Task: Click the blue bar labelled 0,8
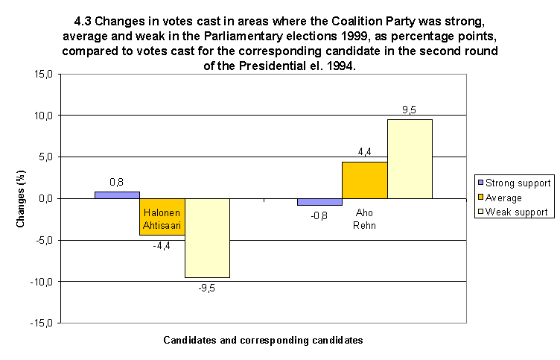117,195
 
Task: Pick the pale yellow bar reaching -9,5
207,238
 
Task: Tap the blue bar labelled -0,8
319,202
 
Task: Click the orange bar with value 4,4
364,180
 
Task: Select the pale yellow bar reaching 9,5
410,159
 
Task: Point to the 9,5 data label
409,110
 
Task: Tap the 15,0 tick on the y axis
42,75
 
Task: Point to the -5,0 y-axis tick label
43,241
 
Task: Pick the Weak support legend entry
516,212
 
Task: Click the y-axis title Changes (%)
22,199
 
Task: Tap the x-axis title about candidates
263,340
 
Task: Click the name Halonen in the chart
162,212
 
